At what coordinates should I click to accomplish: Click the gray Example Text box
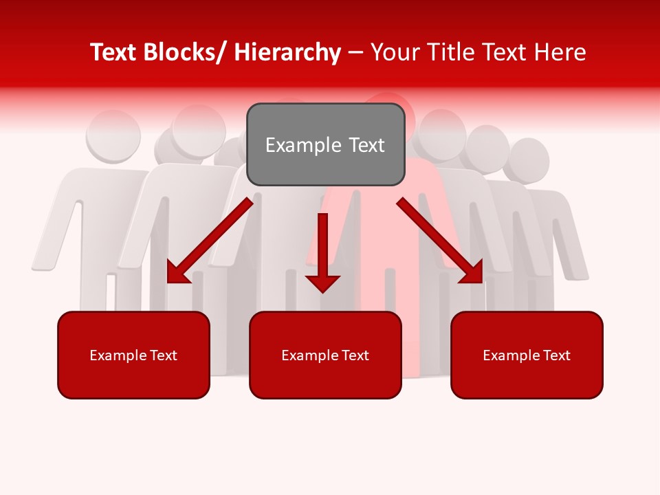tap(325, 144)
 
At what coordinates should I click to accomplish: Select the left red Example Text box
tap(133, 355)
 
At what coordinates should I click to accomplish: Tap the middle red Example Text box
tap(325, 355)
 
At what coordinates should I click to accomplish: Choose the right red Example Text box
tap(527, 355)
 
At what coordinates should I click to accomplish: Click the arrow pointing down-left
tap(210, 241)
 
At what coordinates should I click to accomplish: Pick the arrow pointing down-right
tap(440, 241)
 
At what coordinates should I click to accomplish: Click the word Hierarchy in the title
tap(287, 53)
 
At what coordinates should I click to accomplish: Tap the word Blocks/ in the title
tap(185, 53)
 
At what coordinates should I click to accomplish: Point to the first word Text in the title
tap(113, 53)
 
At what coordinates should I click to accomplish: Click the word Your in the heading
tap(394, 53)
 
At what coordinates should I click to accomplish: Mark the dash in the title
tap(355, 53)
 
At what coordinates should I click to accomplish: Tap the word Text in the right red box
tap(556, 355)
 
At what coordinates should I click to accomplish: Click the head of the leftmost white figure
tap(113, 134)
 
